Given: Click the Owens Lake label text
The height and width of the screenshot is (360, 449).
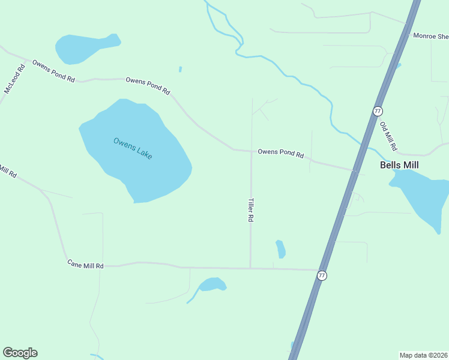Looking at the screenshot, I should point(133,148).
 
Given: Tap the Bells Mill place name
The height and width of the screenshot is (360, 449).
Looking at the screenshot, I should point(399,165).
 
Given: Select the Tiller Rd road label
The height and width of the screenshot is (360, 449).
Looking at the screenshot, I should point(250,211).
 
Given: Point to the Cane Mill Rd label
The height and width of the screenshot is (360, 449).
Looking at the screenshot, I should point(85,265).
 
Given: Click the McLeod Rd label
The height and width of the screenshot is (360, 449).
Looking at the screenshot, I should point(14,78).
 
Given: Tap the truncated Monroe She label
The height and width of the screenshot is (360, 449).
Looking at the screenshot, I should point(430,35).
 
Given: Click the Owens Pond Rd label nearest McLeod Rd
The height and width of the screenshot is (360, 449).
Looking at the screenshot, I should point(53,71).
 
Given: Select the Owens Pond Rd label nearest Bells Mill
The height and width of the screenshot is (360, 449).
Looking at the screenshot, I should point(280,153).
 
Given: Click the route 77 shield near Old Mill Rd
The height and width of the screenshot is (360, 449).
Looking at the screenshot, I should point(378,111).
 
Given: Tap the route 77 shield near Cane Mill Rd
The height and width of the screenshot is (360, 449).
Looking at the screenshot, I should point(322,275).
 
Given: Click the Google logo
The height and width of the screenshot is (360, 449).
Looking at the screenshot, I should point(20,353).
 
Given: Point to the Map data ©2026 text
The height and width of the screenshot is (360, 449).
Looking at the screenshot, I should point(423,355).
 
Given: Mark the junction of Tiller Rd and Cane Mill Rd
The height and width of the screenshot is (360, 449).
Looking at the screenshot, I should point(250,268).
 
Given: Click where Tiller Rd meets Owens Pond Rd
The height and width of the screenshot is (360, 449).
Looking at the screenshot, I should point(251,151).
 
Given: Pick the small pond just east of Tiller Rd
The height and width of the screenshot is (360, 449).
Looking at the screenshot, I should point(280,248).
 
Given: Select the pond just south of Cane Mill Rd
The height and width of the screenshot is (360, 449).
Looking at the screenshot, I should point(212,284).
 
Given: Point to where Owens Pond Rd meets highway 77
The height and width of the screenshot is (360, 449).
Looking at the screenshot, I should point(355,170).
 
